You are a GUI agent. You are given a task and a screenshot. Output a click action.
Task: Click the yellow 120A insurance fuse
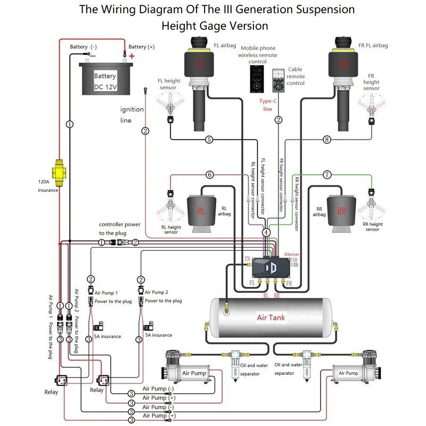coord(58,171)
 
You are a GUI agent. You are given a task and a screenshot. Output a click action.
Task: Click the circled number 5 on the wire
coord(209,140)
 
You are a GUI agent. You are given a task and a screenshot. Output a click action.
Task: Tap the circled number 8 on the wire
coord(327,140)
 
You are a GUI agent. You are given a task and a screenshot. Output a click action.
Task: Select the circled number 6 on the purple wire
coord(209,174)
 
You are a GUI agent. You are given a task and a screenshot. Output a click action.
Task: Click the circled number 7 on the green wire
coord(327,174)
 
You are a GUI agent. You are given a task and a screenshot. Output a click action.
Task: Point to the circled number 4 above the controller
coord(266,232)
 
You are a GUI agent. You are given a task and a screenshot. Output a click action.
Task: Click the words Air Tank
coord(271,318)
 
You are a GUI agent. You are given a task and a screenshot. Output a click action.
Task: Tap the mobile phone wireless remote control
coord(257,79)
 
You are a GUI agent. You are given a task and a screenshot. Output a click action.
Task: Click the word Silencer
coord(292,255)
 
